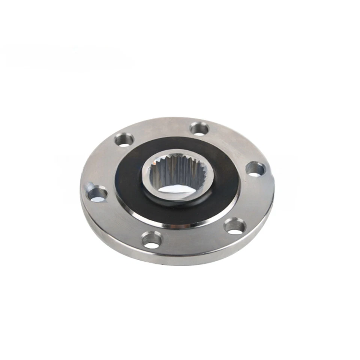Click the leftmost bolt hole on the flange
97,194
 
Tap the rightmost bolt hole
255,169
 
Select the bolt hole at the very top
199,129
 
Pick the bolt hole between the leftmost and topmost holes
124,140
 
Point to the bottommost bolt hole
152,240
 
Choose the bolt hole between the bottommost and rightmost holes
235,226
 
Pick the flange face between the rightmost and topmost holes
232,142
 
